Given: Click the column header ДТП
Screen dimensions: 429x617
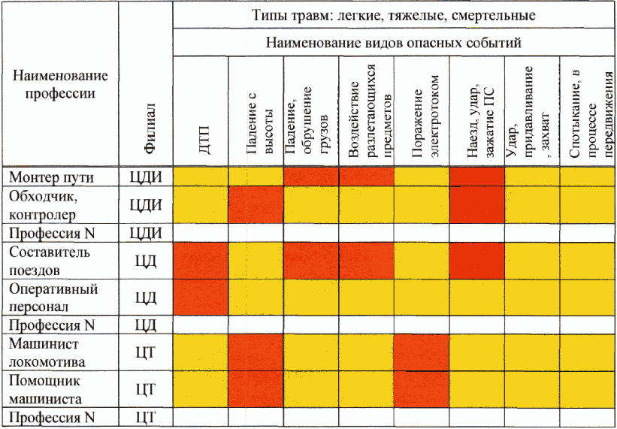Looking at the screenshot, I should pos(201,139).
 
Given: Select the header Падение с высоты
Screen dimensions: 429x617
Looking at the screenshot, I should pos(256,117).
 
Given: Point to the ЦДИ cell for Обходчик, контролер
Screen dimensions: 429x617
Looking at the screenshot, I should pos(147,204).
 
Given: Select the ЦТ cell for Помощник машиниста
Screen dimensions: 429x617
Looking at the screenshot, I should pos(147,390).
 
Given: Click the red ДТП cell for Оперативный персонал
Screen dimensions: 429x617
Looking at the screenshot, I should pos(201,298).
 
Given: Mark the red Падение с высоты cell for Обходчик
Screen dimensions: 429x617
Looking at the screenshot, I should pos(256,204).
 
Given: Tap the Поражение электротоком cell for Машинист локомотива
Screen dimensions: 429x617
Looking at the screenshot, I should pos(422,353).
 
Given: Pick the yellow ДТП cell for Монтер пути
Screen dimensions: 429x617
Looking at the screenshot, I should pos(201,177).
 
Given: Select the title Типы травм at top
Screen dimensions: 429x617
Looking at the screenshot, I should pos(393,15).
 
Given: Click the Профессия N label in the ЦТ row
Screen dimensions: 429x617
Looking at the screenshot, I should pos(52,418).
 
